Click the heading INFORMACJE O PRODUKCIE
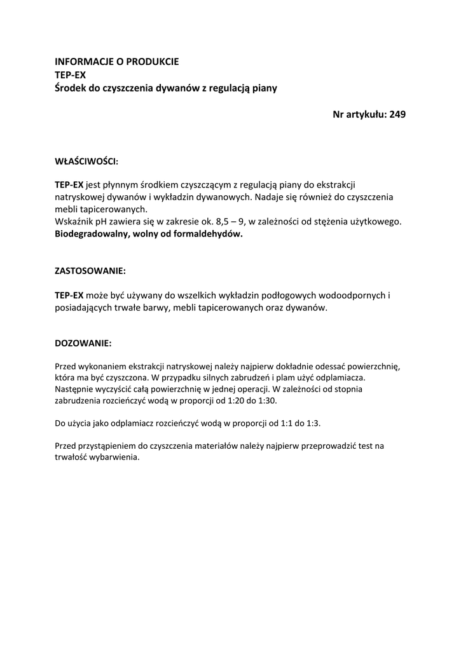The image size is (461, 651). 117,62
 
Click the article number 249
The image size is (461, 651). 397,114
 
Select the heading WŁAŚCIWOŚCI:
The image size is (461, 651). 86,161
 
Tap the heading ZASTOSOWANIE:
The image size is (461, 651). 90,270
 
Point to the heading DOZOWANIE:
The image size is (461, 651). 83,343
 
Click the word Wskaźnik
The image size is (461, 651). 74,221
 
